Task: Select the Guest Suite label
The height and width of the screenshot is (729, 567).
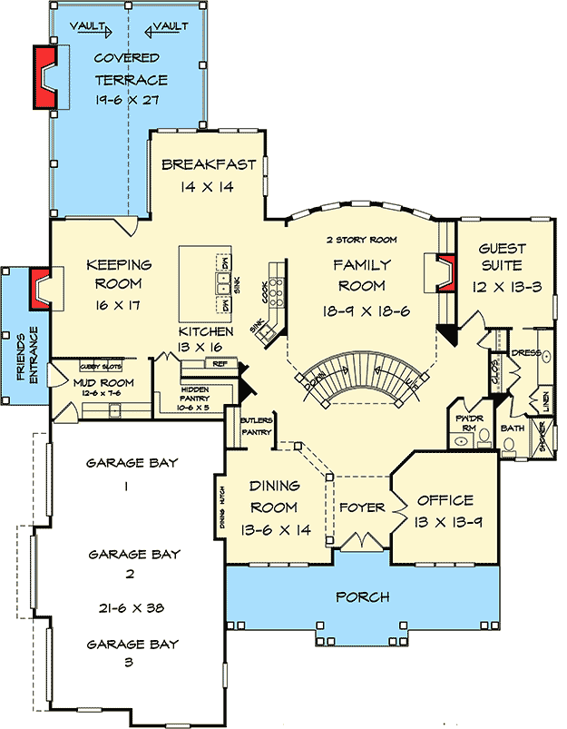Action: point(500,257)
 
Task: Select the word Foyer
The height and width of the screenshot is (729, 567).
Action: point(362,507)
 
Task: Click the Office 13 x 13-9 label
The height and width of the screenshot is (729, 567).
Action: point(445,509)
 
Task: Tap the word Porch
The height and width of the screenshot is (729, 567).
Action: point(363,596)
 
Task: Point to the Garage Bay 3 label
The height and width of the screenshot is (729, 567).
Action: point(132,653)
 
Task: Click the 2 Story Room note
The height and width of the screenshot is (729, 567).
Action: point(362,240)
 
